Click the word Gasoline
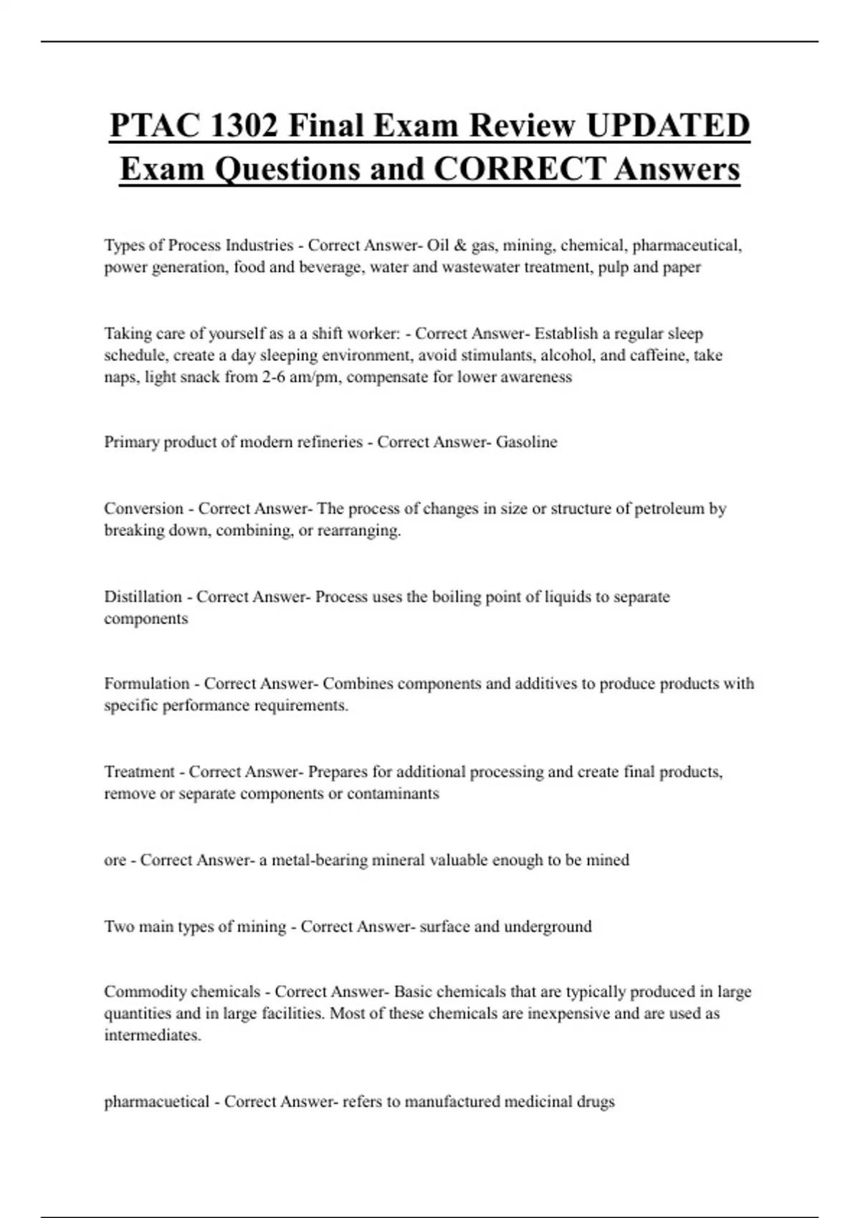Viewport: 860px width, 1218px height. pyautogui.click(x=527, y=442)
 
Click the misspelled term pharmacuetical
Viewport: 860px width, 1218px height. pyautogui.click(x=156, y=1102)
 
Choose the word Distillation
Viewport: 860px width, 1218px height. pyautogui.click(x=143, y=597)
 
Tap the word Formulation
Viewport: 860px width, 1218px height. pyautogui.click(x=147, y=684)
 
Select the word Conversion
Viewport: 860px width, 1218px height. pyautogui.click(x=143, y=509)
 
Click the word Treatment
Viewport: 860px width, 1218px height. pyautogui.click(x=139, y=772)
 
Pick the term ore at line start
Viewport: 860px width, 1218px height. pyautogui.click(x=115, y=860)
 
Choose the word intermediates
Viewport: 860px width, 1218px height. pyautogui.click(x=152, y=1036)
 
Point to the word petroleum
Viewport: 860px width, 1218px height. pyautogui.click(x=669, y=509)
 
